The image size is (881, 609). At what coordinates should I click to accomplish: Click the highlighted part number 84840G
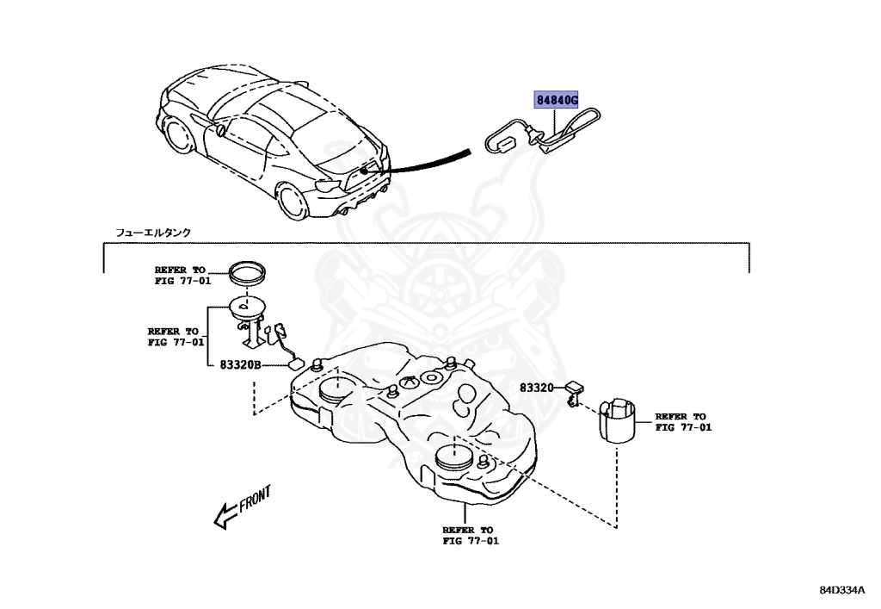tap(561, 99)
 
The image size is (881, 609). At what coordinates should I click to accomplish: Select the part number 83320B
tap(238, 365)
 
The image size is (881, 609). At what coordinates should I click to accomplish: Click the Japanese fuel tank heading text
tap(154, 233)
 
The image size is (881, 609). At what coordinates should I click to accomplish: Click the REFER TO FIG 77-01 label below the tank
tap(469, 536)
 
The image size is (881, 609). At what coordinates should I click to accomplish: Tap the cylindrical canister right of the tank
tap(619, 419)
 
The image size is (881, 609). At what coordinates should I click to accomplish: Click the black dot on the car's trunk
tap(366, 171)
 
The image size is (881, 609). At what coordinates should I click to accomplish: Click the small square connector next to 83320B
tap(297, 365)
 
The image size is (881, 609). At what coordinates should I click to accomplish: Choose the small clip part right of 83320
tap(574, 393)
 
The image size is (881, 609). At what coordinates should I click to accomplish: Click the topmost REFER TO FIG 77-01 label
tap(182, 275)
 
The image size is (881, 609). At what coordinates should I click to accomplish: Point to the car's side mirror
tap(221, 132)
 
